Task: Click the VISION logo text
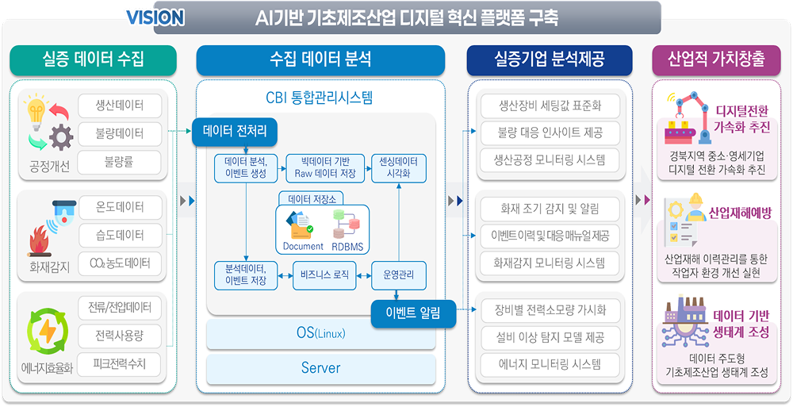(x=155, y=18)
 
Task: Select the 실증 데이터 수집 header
(x=93, y=60)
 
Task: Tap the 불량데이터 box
(x=120, y=133)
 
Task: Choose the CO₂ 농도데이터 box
(x=120, y=263)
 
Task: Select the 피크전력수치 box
(x=120, y=363)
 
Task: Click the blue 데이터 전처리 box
(x=235, y=132)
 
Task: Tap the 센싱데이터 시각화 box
(x=399, y=168)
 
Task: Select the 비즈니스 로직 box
(x=324, y=275)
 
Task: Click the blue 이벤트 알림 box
(x=414, y=314)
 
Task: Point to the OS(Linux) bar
(x=321, y=334)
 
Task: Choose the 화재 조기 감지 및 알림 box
(x=550, y=208)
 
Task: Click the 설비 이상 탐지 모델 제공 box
(x=550, y=336)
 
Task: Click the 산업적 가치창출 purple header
(x=716, y=60)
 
